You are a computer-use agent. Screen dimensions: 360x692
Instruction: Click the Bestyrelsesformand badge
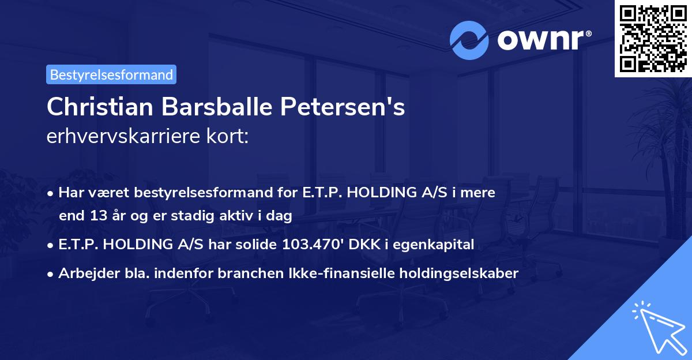point(111,74)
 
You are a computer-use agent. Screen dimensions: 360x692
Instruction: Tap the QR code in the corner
point(653,38)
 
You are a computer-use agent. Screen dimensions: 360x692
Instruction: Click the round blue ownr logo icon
point(469,40)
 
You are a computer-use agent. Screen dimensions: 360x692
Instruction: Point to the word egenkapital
point(441,245)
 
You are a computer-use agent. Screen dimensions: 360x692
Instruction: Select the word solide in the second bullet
point(257,245)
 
